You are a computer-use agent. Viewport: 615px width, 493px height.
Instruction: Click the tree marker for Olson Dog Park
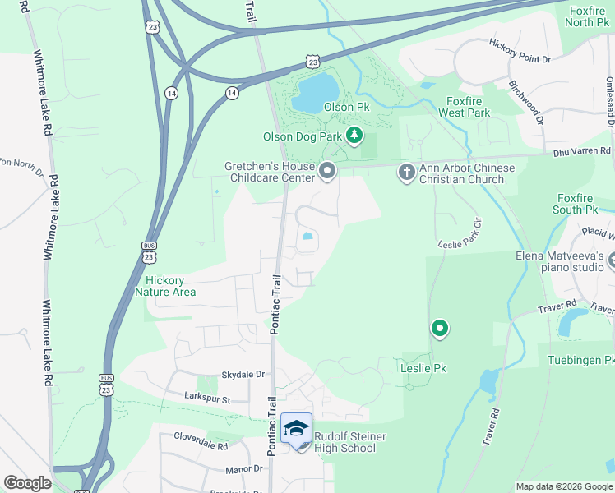click(354, 135)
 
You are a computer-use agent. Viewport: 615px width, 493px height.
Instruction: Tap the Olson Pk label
click(346, 108)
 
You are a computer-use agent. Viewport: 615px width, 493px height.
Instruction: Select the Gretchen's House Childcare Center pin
click(328, 171)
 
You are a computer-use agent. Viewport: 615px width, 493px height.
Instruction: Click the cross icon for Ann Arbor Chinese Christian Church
click(406, 172)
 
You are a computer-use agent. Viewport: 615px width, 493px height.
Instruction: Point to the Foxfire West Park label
click(464, 107)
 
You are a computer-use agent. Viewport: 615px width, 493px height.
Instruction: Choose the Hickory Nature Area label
click(165, 286)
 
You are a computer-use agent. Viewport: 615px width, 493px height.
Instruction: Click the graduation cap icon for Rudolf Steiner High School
click(297, 429)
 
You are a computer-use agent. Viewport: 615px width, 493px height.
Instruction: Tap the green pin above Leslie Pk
click(440, 329)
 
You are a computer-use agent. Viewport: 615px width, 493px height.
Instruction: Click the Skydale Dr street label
click(243, 374)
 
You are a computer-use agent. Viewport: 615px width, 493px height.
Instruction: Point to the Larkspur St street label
click(207, 397)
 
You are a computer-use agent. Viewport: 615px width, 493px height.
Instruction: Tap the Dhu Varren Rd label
click(582, 151)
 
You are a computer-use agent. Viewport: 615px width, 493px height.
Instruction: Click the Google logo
click(27, 483)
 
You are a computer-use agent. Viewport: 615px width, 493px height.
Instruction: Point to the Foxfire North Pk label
click(586, 16)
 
